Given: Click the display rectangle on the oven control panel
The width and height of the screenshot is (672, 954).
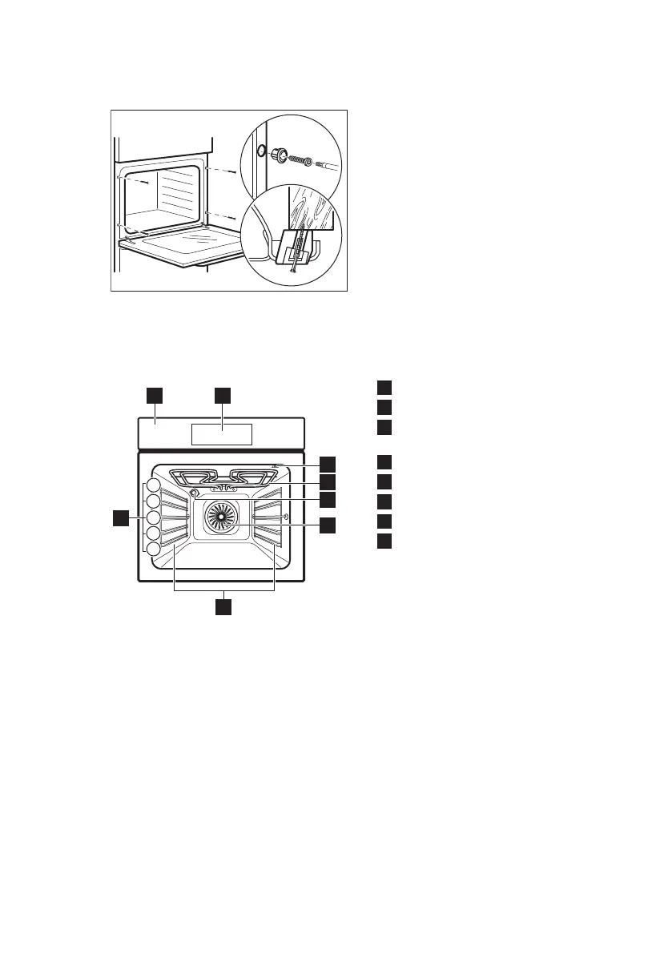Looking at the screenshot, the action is click(222, 434).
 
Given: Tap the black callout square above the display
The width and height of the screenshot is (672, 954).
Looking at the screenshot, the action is click(222, 395).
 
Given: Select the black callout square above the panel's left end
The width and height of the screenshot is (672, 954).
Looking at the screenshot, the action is click(155, 395).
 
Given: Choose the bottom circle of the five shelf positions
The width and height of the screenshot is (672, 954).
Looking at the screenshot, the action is click(152, 549).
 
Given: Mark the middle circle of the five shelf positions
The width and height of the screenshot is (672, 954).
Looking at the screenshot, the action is click(152, 517).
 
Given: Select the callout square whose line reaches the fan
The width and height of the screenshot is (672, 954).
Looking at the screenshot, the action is click(328, 525).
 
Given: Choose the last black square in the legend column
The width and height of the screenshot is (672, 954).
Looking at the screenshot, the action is click(385, 541).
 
